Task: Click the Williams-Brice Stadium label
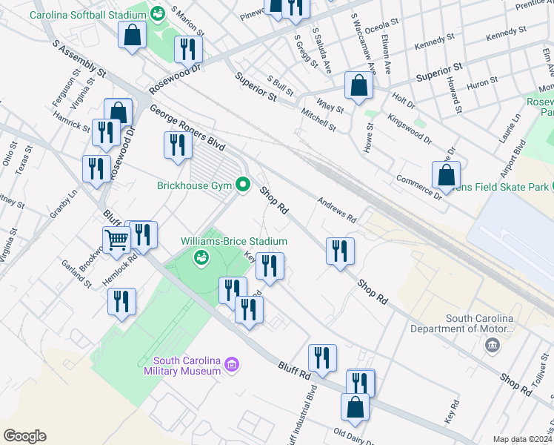point(234,241)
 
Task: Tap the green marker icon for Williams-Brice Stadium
point(200,258)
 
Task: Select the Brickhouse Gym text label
point(196,185)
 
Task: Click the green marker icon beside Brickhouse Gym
point(242,184)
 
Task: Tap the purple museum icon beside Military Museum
point(232,364)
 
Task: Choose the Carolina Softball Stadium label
point(88,14)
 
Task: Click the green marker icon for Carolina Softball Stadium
point(157,13)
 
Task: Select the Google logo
point(24,436)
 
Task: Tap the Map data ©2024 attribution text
point(522,439)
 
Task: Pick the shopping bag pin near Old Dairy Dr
point(355,407)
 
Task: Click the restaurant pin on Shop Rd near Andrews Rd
point(340,251)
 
